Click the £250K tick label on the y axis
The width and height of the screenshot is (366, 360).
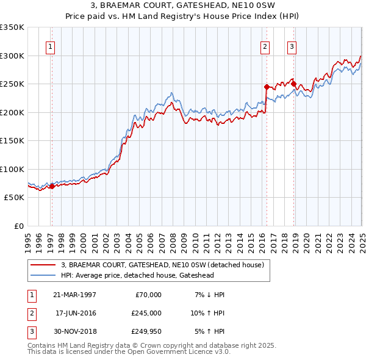click(x=12, y=84)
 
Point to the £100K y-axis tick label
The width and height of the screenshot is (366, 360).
click(x=12, y=169)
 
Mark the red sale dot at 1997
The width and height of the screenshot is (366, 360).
click(x=52, y=186)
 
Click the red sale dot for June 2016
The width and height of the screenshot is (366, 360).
click(x=267, y=87)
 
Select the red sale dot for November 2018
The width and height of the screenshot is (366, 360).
click(x=293, y=84)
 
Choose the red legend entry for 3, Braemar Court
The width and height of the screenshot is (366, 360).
click(x=162, y=265)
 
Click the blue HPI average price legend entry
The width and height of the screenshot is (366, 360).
click(x=137, y=275)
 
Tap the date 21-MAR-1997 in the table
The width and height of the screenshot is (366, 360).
click(x=75, y=295)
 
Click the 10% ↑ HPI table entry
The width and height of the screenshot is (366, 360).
click(x=208, y=313)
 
